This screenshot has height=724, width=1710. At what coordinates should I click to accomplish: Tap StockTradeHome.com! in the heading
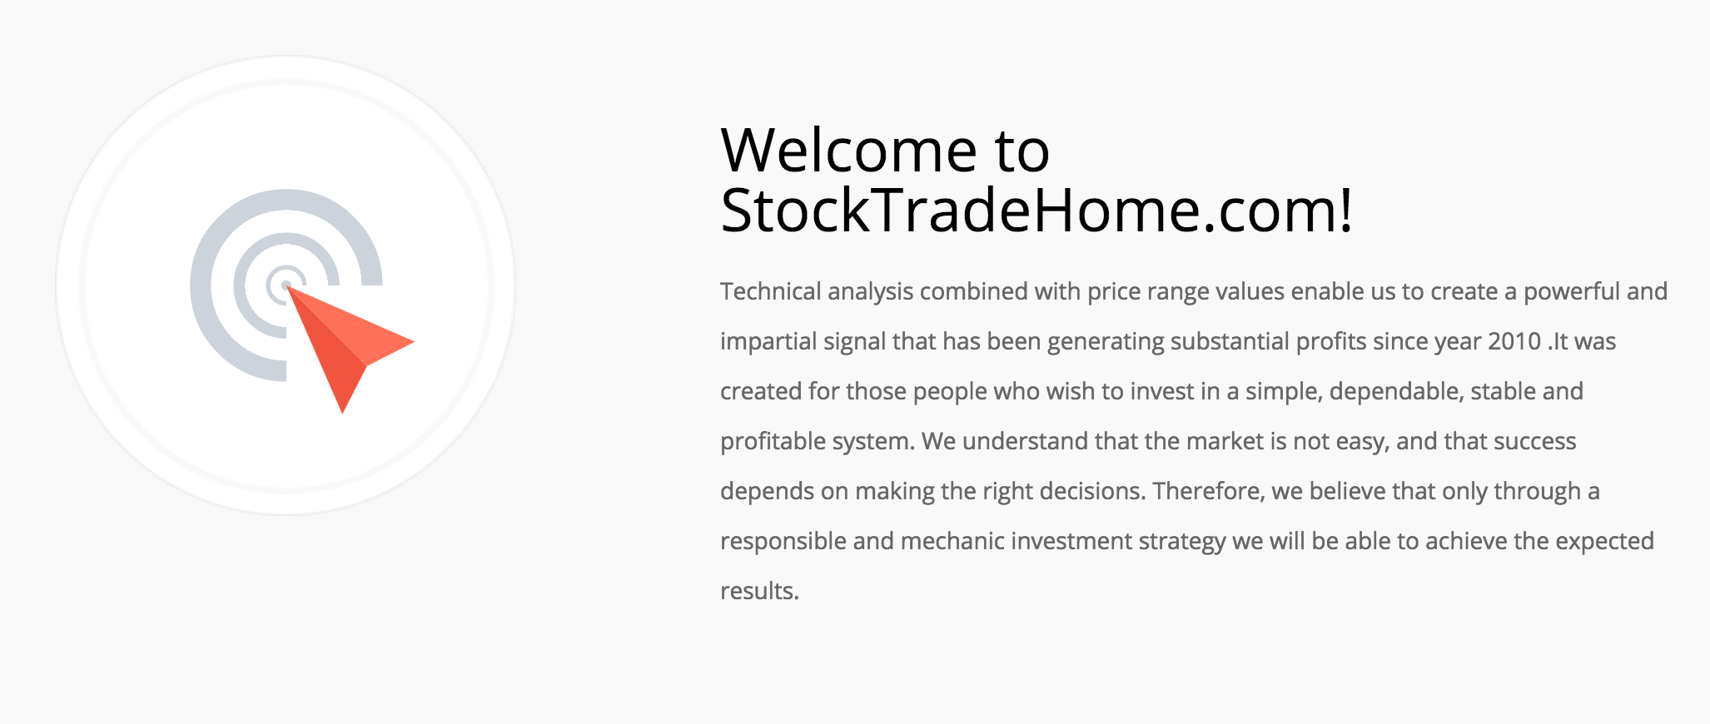[x=1036, y=210]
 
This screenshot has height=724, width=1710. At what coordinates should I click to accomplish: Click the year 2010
[x=1514, y=341]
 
